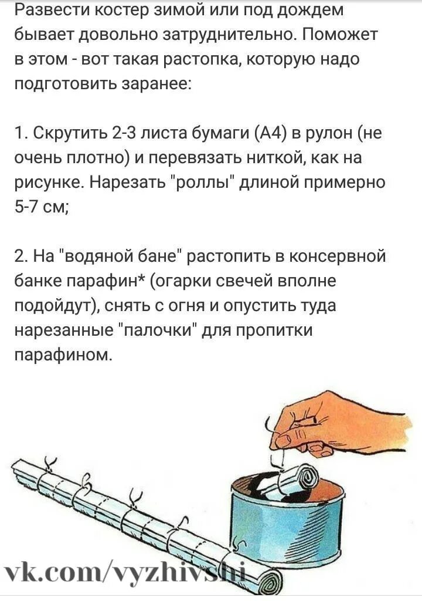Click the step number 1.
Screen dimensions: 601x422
coord(19,134)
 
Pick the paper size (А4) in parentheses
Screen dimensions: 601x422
coord(270,134)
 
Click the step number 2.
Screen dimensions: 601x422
coord(20,257)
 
